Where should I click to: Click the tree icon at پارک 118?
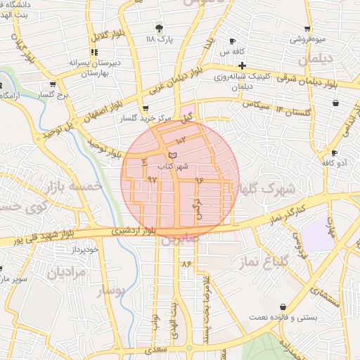click(161, 28)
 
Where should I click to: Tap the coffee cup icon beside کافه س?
click(233, 41)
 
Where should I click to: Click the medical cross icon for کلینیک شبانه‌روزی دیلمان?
click(242, 65)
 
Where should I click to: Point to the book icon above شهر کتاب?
click(174, 155)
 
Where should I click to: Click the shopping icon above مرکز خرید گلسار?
click(145, 109)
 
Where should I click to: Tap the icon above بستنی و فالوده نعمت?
click(283, 307)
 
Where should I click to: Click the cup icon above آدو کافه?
click(334, 153)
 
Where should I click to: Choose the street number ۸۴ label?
click(186, 263)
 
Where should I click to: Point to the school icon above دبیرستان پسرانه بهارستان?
click(94, 52)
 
